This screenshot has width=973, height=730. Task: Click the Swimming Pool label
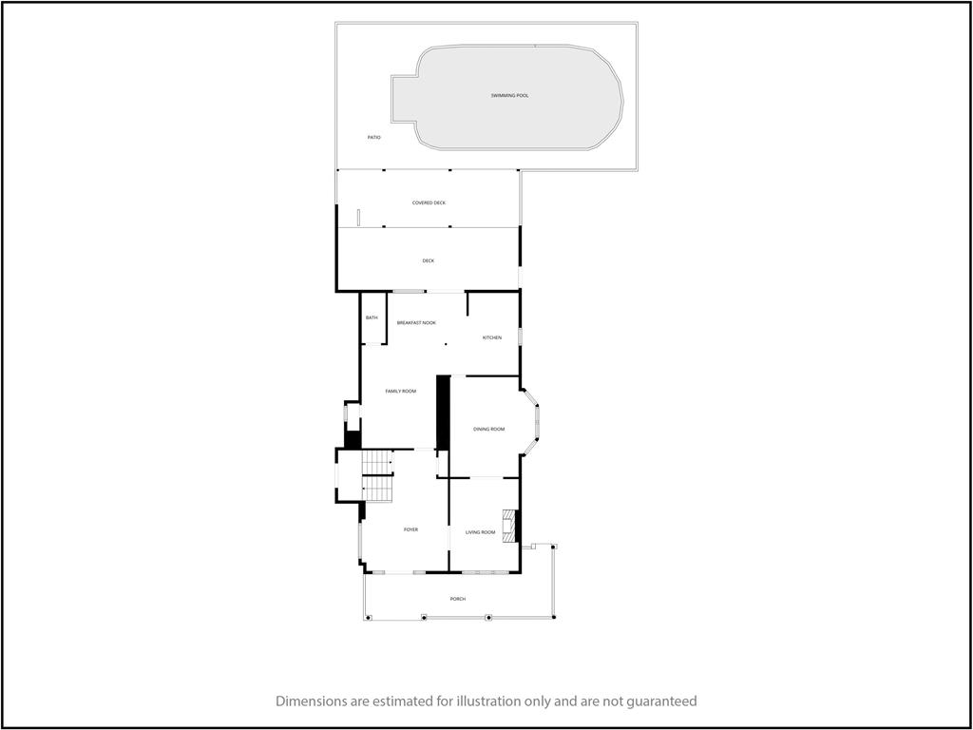tap(509, 96)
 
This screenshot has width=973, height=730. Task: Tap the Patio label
tap(373, 137)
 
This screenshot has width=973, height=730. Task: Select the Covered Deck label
tap(429, 203)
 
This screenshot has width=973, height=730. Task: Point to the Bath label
tap(372, 317)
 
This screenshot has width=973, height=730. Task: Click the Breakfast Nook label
tap(416, 323)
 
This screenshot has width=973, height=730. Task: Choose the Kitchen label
tap(492, 337)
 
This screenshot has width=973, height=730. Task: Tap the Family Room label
tap(400, 391)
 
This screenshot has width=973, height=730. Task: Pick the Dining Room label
tap(489, 429)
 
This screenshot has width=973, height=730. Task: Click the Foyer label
tap(410, 529)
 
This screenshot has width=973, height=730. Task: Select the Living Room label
tap(480, 532)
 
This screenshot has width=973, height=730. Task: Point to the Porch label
tap(458, 599)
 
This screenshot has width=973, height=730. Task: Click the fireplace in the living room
tap(509, 526)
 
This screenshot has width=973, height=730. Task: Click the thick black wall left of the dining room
tap(443, 413)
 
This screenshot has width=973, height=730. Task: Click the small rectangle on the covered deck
tap(358, 218)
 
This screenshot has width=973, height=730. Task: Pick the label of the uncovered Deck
tap(429, 260)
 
